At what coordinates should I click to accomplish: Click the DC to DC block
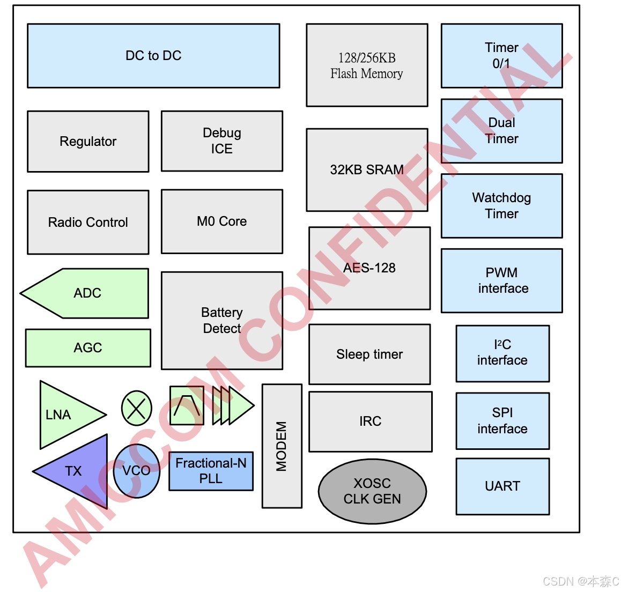pos(153,56)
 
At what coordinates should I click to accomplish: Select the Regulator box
pos(88,142)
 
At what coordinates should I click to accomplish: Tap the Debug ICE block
pos(222,141)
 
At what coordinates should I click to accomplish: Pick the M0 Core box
pos(222,221)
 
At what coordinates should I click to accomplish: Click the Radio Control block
pos(88,222)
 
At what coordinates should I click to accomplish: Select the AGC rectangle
pos(88,348)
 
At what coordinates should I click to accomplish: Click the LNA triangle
pos(64,415)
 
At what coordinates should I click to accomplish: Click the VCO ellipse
pos(136,471)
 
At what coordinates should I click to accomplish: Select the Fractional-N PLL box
pos(211,471)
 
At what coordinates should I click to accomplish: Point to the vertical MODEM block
pos(282,446)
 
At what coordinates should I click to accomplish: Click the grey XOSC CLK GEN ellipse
pos(372,491)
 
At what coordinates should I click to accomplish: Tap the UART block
pos(502,486)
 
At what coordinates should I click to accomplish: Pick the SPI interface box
pos(502,421)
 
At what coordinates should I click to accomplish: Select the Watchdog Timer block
pos(501,206)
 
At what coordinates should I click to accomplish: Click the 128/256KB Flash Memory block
pos(367,65)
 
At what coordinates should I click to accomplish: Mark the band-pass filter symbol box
pos(187,406)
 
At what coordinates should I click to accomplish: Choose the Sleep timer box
pos(369,354)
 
